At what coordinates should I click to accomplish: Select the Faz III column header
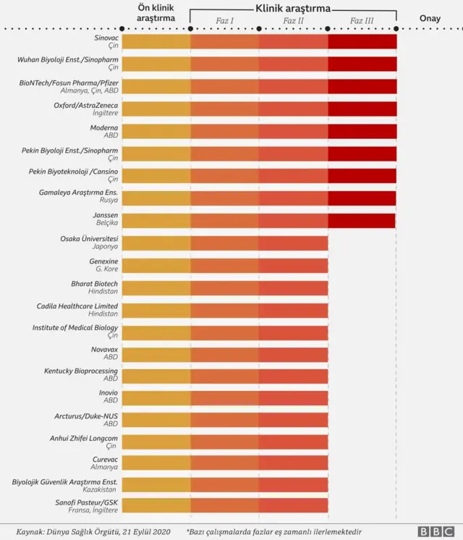point(362,21)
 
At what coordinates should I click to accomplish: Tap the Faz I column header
point(225,21)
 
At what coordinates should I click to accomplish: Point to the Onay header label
point(430,18)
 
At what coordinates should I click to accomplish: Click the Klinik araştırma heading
point(293,8)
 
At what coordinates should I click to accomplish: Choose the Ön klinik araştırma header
point(156,12)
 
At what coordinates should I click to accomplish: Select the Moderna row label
point(103,127)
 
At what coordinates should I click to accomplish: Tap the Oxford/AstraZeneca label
point(85,105)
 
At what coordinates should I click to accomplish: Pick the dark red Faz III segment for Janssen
point(362,220)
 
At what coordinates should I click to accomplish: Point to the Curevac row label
point(105,460)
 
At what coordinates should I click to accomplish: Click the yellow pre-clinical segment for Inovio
point(156,398)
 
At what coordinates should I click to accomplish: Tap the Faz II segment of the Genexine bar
point(293,265)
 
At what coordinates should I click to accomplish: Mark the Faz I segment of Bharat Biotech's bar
point(225,287)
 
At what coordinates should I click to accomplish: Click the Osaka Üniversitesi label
point(89,238)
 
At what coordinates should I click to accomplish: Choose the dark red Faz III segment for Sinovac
point(362,41)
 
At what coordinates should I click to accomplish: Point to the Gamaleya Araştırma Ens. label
point(78,193)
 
